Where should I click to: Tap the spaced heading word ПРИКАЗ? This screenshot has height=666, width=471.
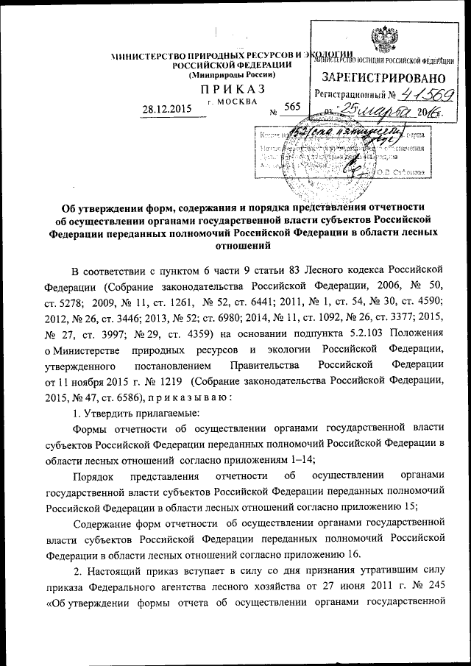[x=227, y=89]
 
